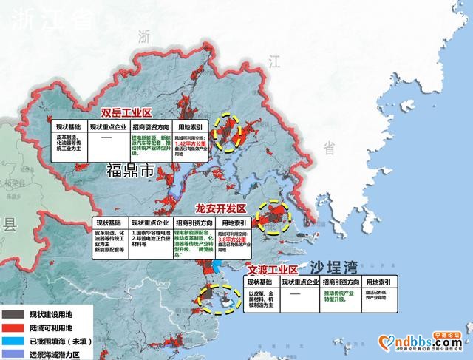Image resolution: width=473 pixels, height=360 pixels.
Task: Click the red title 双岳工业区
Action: [x=126, y=112]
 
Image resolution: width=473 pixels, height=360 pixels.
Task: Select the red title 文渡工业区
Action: [x=272, y=270]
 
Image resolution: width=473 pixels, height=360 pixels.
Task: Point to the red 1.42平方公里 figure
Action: [x=194, y=147]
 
